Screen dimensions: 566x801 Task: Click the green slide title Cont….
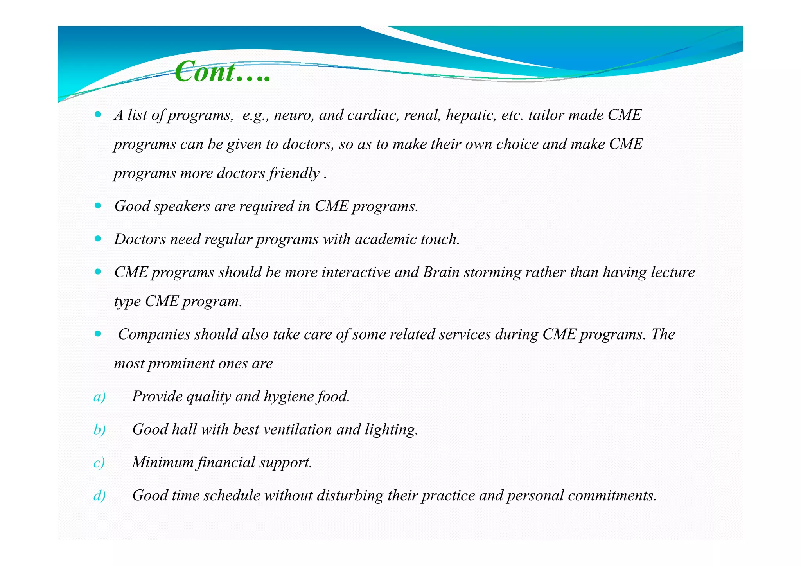coord(222,72)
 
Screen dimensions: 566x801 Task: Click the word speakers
coord(182,206)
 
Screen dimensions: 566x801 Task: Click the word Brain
coord(441,272)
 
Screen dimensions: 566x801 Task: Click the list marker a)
coord(99,397)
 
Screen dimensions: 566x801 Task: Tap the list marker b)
coord(99,430)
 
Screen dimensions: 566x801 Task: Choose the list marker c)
coord(99,463)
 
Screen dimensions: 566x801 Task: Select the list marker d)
coord(99,496)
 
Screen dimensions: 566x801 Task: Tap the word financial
coord(226,462)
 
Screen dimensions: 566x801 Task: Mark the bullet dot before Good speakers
coord(98,205)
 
